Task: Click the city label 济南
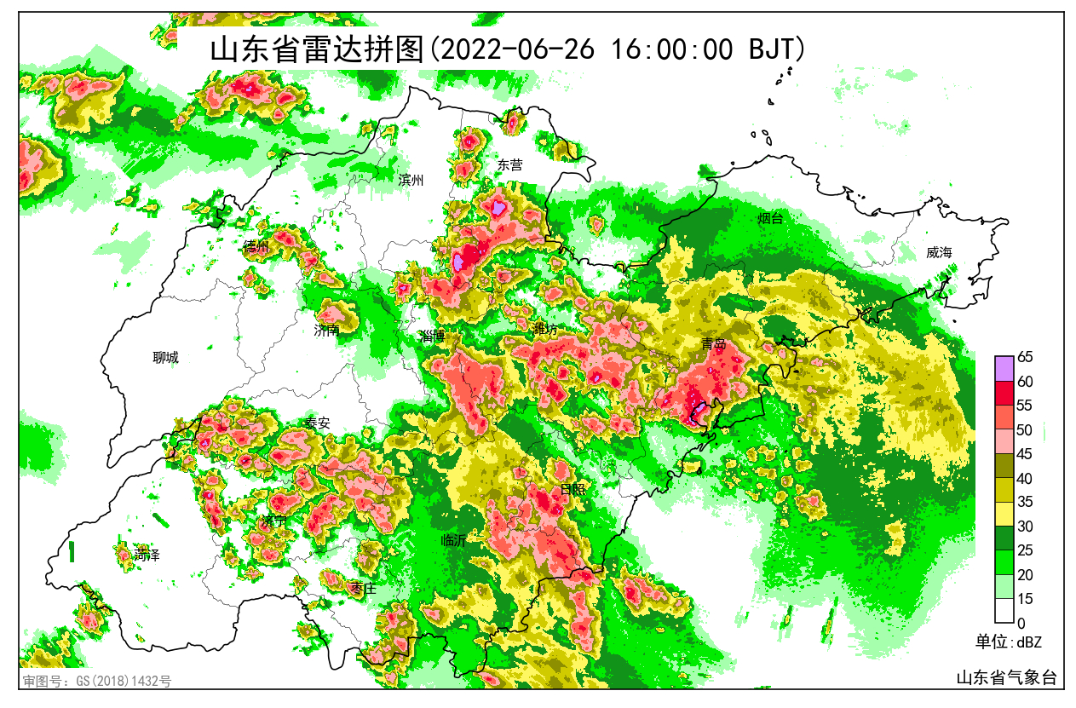pos(326,330)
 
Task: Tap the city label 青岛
pos(713,344)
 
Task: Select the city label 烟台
pos(770,219)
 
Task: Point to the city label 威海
pos(939,252)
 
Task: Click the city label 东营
pos(510,165)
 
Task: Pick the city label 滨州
pos(411,180)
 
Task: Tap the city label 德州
pos(256,246)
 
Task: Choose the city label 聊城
pos(166,358)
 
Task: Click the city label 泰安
pos(317,423)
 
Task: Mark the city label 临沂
pos(454,540)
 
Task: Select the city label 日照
pos(573,490)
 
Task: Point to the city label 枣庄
pos(364,588)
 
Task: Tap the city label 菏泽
pos(147,555)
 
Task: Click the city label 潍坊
pos(545,328)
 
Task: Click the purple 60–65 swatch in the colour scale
pos(1004,369)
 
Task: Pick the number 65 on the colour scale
pos(1025,358)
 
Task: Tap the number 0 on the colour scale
pos(1021,623)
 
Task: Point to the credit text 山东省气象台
pos(1005,677)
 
